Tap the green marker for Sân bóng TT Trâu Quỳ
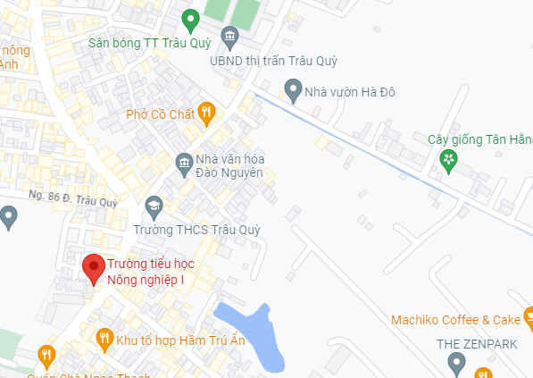pyautogui.click(x=189, y=19)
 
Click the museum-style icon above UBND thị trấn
pyautogui.click(x=230, y=39)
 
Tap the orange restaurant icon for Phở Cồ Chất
pyautogui.click(x=207, y=113)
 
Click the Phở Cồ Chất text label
pyautogui.click(x=161, y=113)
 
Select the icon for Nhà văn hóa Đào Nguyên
pyautogui.click(x=184, y=164)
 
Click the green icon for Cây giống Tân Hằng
pyautogui.click(x=449, y=161)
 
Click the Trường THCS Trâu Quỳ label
pyautogui.click(x=196, y=230)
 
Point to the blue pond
pyautogui.click(x=251, y=332)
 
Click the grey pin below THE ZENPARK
pyautogui.click(x=456, y=363)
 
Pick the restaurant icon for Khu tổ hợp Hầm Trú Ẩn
pyautogui.click(x=104, y=338)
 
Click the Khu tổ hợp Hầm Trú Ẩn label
pyautogui.click(x=174, y=340)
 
